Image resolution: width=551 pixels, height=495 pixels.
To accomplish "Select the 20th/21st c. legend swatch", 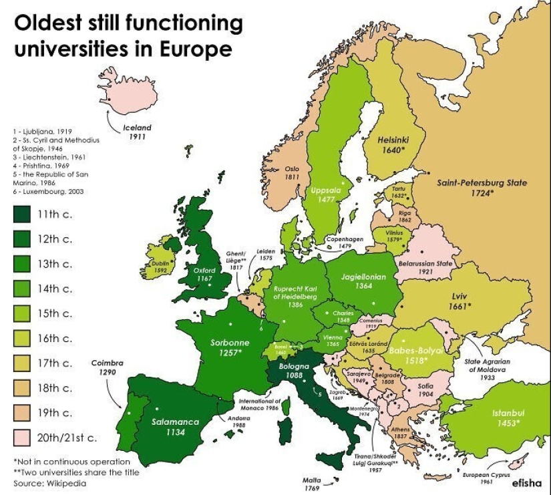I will tap(23, 438).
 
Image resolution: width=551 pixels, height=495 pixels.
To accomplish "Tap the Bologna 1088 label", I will tap(293, 372).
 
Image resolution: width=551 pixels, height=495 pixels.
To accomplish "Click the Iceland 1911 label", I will tap(138, 132).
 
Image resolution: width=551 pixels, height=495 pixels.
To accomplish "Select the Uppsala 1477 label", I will tap(327, 194).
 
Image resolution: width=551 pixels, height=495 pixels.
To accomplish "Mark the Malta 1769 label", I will tap(312, 484).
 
